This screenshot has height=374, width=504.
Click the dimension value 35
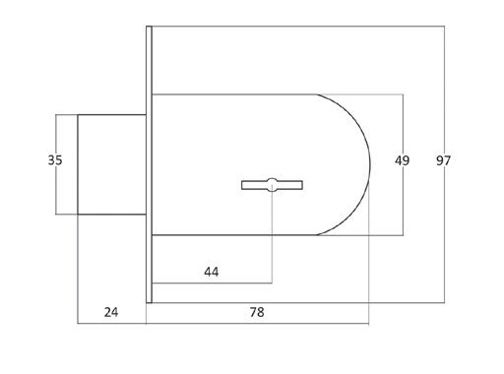click(x=55, y=160)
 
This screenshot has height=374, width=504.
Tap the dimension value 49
click(x=402, y=160)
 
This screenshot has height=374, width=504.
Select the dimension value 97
click(x=443, y=160)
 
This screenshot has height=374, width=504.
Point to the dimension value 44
click(x=212, y=272)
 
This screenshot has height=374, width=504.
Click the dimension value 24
click(x=111, y=312)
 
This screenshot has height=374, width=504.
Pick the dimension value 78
click(x=257, y=312)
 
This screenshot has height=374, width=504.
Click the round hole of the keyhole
click(x=272, y=185)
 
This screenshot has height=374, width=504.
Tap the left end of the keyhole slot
click(x=242, y=185)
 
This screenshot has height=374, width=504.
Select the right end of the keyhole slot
click(x=302, y=185)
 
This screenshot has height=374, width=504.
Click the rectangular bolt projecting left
click(x=112, y=164)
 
